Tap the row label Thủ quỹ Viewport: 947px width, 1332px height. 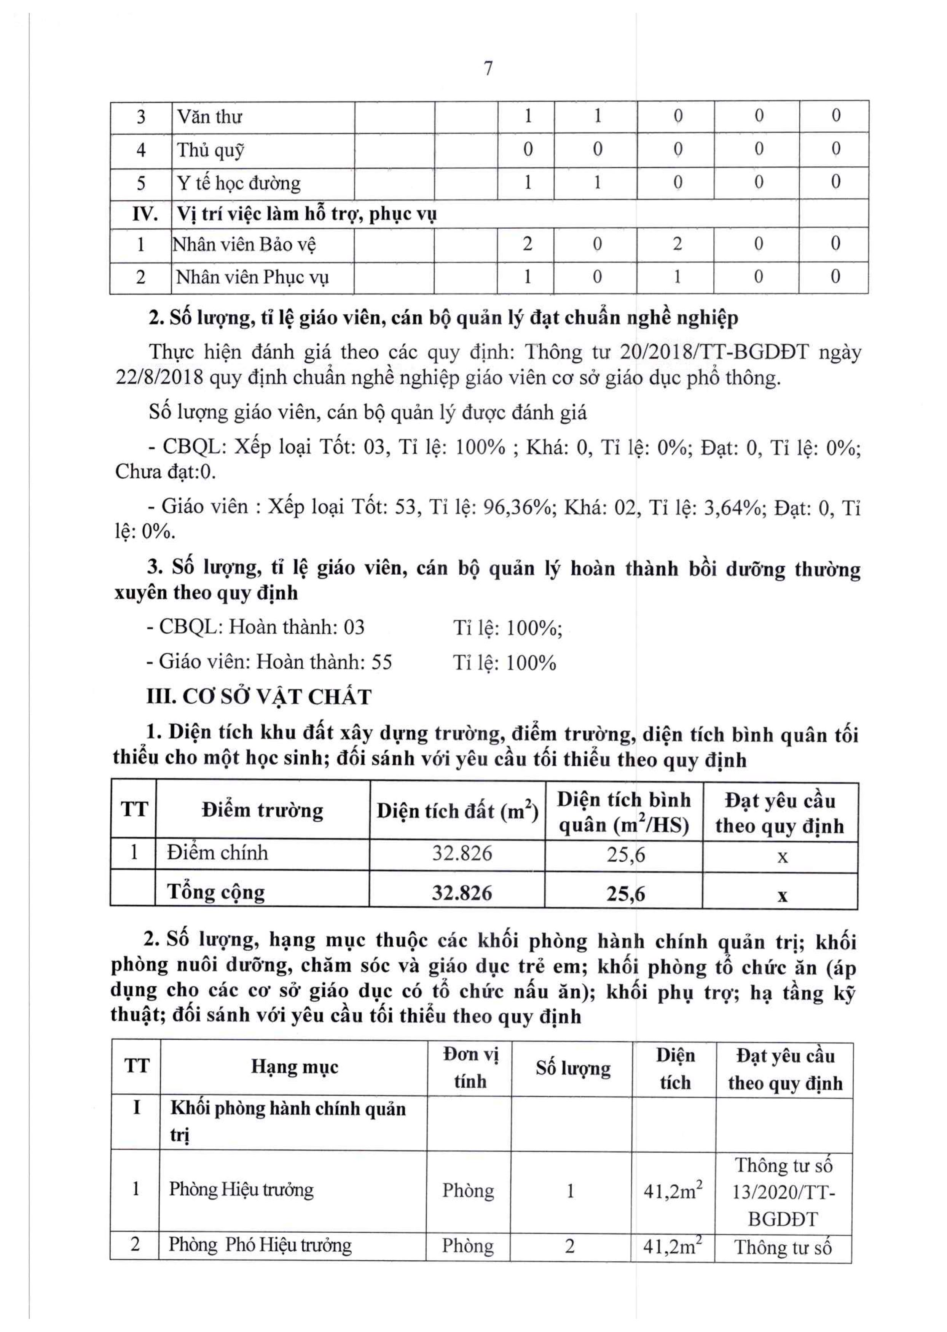210,150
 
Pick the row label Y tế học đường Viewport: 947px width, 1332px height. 239,183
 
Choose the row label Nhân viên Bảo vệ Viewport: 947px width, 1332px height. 244,244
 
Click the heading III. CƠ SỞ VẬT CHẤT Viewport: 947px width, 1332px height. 259,697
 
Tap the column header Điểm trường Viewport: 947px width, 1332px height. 262,810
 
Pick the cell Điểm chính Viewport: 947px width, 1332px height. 217,853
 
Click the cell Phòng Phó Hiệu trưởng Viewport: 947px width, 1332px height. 260,1245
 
